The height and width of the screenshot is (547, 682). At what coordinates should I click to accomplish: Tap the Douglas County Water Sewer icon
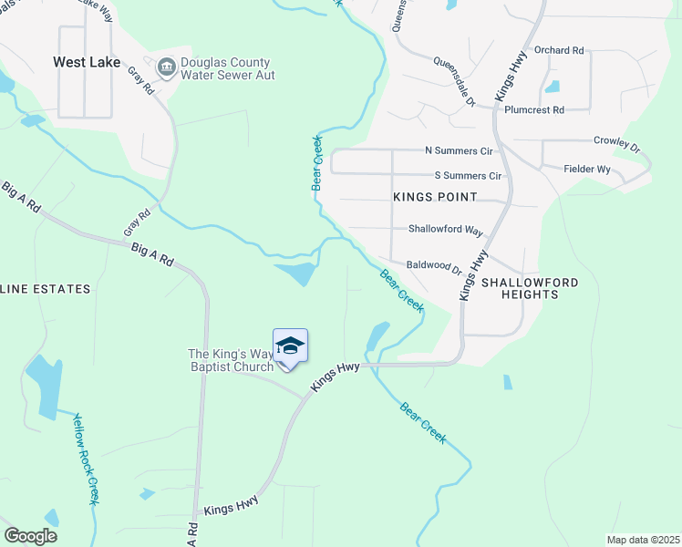click(x=167, y=66)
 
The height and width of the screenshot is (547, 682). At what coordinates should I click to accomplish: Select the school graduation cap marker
click(x=290, y=346)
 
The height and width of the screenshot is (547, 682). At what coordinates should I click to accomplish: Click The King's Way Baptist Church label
click(x=231, y=360)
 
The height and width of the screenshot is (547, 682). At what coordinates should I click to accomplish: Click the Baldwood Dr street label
click(x=435, y=265)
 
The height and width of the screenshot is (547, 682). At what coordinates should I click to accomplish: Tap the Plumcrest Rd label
click(x=534, y=109)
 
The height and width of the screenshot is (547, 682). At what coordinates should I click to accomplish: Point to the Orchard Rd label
click(x=559, y=50)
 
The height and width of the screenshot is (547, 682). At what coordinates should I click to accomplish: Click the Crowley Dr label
click(x=617, y=143)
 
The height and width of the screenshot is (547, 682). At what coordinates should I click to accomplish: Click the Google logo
click(x=30, y=536)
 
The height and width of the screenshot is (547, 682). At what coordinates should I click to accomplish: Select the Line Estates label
click(x=46, y=289)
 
